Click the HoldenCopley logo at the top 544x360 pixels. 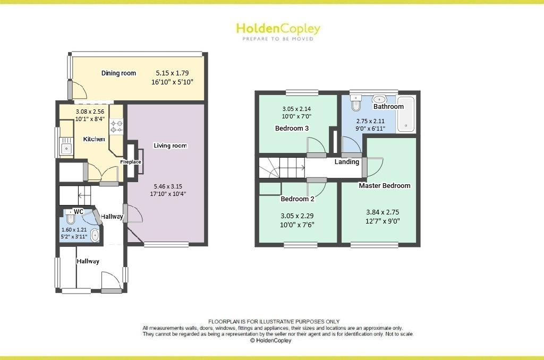(278, 28)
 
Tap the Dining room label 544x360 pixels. (118, 73)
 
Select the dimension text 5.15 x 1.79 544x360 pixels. (172, 73)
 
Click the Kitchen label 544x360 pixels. (94, 139)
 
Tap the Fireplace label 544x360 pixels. (131, 162)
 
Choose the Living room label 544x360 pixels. (170, 145)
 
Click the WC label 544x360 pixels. (78, 211)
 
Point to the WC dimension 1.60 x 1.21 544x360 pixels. (74, 229)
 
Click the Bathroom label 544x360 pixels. (388, 107)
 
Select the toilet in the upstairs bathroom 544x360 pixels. (356, 103)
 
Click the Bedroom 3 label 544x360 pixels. (292, 128)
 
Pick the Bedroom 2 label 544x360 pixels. (297, 199)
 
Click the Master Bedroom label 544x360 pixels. (385, 186)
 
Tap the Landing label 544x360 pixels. (346, 162)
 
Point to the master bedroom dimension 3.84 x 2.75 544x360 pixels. (382, 212)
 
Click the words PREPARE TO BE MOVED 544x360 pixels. (278, 39)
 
